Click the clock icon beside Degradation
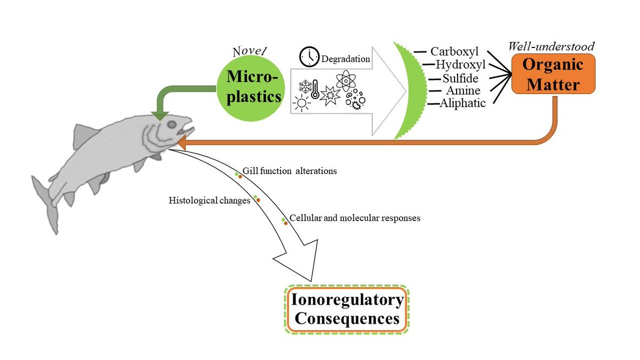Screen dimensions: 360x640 309,57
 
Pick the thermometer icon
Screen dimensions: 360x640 315,89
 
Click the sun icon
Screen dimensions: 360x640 302,102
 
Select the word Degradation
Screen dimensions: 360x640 345,59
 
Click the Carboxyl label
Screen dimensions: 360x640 454,52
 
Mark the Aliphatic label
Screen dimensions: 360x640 462,103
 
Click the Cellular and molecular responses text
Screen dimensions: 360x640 355,218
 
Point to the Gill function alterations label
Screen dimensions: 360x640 290,171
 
